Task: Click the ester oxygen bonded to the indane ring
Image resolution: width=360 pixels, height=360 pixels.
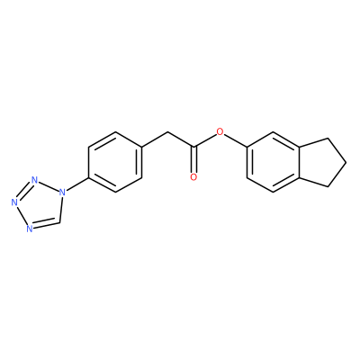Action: [x=220, y=131]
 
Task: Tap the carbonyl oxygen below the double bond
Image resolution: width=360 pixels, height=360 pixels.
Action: [x=193, y=177]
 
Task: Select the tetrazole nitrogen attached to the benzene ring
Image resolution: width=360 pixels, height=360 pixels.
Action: [x=62, y=192]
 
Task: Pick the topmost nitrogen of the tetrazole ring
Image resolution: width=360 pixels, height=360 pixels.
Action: [x=35, y=180]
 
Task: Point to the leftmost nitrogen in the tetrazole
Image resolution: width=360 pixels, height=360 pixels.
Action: [x=14, y=202]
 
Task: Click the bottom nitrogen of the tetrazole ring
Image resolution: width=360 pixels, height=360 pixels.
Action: [x=29, y=229]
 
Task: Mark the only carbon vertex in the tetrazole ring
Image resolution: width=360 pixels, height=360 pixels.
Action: [x=59, y=222]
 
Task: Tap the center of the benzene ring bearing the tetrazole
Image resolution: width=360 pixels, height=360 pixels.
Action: [x=115, y=162]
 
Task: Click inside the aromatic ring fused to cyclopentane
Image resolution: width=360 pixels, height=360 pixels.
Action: [x=274, y=162]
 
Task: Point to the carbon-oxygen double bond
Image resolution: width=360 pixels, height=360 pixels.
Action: [x=193, y=160]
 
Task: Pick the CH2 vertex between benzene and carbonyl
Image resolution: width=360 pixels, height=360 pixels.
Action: [x=168, y=131]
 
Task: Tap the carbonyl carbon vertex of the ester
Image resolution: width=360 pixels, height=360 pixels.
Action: [x=194, y=147]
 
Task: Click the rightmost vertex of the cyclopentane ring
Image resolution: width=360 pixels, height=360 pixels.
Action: [x=346, y=162]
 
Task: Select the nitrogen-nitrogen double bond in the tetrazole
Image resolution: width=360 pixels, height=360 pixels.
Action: [x=24, y=192]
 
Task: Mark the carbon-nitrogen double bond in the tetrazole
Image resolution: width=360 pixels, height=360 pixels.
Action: [x=45, y=224]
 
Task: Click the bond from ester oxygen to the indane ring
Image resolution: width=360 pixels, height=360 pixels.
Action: [x=236, y=140]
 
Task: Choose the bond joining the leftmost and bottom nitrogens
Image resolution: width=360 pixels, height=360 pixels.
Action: [x=22, y=215]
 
